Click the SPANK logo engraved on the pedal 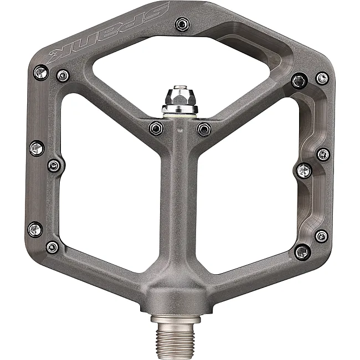[108, 33]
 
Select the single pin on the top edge [182, 24]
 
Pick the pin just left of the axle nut [156, 128]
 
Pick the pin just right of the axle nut [204, 129]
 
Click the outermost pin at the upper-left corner [42, 73]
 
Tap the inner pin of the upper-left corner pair [63, 76]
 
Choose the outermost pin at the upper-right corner [322, 78]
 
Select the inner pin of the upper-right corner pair [300, 81]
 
